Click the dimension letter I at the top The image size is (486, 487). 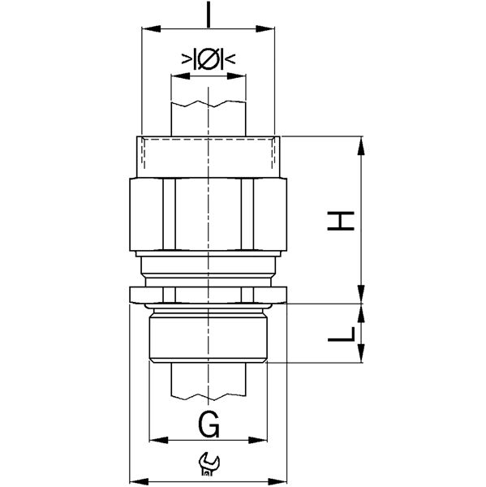[x=209, y=15]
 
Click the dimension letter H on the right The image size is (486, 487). [x=341, y=221]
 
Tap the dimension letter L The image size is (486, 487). [x=342, y=334]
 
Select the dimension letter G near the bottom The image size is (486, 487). [x=209, y=425]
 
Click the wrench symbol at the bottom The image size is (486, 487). [x=209, y=464]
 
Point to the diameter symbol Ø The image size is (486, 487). [x=209, y=58]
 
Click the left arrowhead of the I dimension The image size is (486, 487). [x=151, y=29]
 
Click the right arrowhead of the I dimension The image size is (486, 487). [x=265, y=29]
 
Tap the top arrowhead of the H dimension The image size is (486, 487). [x=361, y=146]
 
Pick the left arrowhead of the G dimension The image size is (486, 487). [x=159, y=440]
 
